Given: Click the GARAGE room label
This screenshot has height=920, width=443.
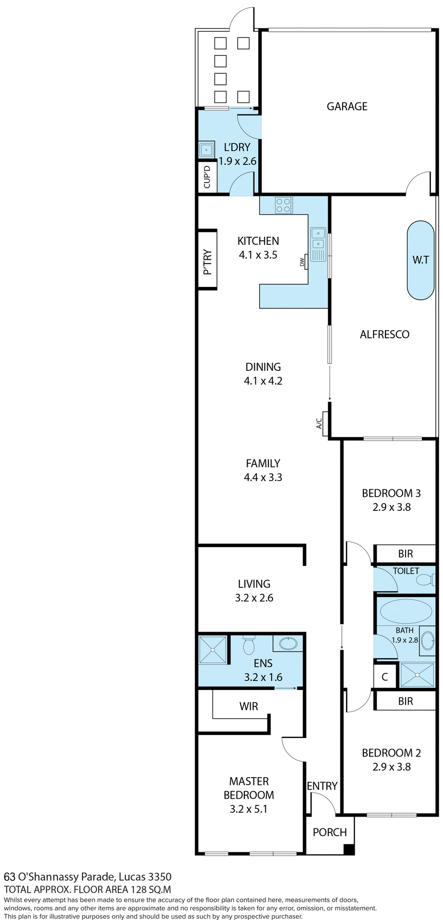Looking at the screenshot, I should click(347, 106).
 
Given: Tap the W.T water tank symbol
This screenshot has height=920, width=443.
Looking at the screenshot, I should click(420, 260).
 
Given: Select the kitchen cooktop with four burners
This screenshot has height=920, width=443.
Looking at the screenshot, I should click(283, 206).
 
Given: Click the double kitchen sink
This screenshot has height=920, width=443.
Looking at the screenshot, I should click(318, 243).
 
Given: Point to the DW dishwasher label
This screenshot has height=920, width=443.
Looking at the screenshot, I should click(302, 262).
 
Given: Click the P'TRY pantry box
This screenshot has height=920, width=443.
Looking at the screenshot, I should click(207, 260).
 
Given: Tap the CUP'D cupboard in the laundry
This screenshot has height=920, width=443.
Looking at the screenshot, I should click(207, 177).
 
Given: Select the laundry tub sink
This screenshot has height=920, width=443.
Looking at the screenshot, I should click(206, 150).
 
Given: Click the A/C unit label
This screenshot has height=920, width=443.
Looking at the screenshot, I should click(319, 424).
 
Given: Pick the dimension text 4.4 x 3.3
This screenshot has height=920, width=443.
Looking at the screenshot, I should click(263, 477).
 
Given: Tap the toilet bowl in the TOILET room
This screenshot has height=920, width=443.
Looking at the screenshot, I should click(424, 580).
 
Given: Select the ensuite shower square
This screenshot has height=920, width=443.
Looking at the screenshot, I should click(213, 650).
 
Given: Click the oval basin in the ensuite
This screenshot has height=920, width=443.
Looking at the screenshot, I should click(288, 644).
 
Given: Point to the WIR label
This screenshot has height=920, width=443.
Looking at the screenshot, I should click(249, 706).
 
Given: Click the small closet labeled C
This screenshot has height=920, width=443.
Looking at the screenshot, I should click(384, 677).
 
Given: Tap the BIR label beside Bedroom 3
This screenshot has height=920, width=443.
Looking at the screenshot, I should click(405, 554).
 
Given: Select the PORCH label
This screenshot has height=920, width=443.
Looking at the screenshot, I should click(330, 832).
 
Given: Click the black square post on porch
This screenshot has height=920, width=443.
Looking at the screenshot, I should click(349, 850).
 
